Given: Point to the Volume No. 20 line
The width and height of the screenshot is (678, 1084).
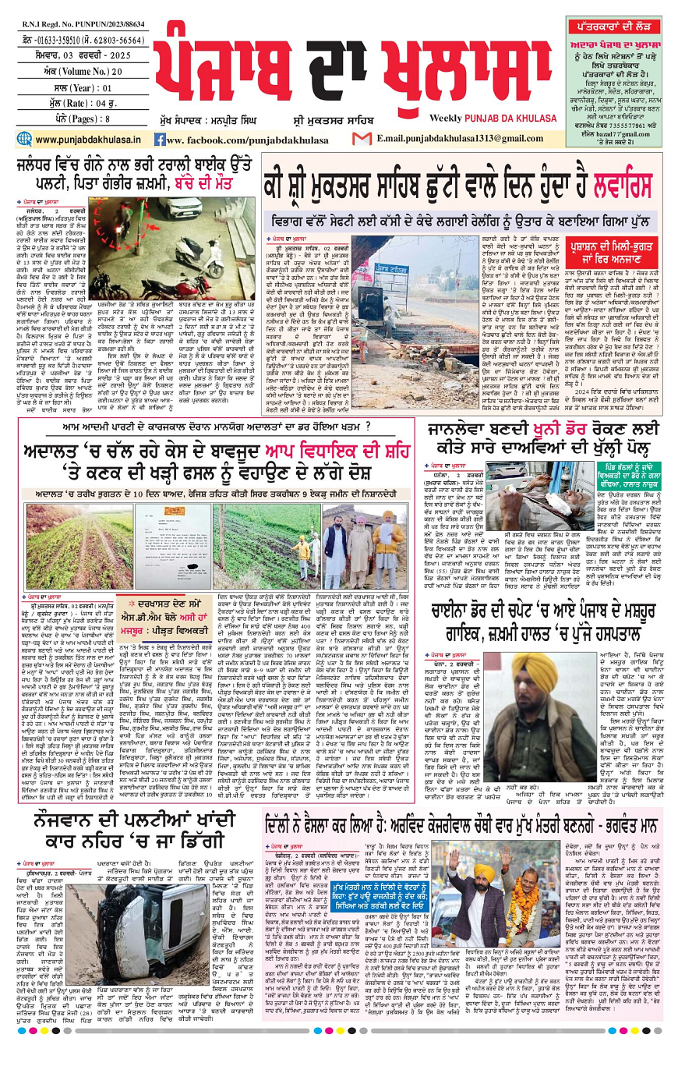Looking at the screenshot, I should (x=75, y=72).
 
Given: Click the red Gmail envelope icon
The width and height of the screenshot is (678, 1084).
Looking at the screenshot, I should (x=362, y=139).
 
